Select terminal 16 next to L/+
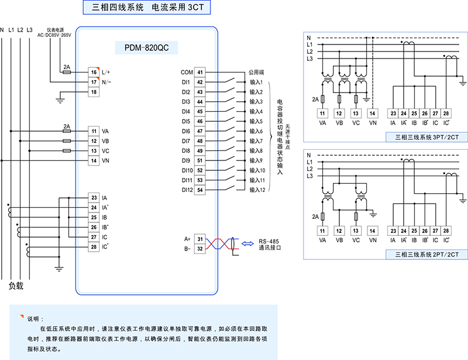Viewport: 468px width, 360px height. point(94,72)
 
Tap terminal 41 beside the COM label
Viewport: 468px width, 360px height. point(200,73)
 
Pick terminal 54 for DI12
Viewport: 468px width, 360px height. point(200,189)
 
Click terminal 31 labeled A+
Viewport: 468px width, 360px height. point(200,239)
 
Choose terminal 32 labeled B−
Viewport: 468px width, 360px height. point(200,249)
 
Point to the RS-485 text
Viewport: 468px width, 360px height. point(270,240)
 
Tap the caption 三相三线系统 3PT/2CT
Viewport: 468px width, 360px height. point(426,138)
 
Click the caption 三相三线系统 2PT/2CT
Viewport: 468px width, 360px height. point(426,254)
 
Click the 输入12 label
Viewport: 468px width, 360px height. point(257,190)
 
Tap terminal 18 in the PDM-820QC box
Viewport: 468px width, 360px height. point(94,92)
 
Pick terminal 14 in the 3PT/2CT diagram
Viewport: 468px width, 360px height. point(373,113)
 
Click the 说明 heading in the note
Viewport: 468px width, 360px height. point(34,319)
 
